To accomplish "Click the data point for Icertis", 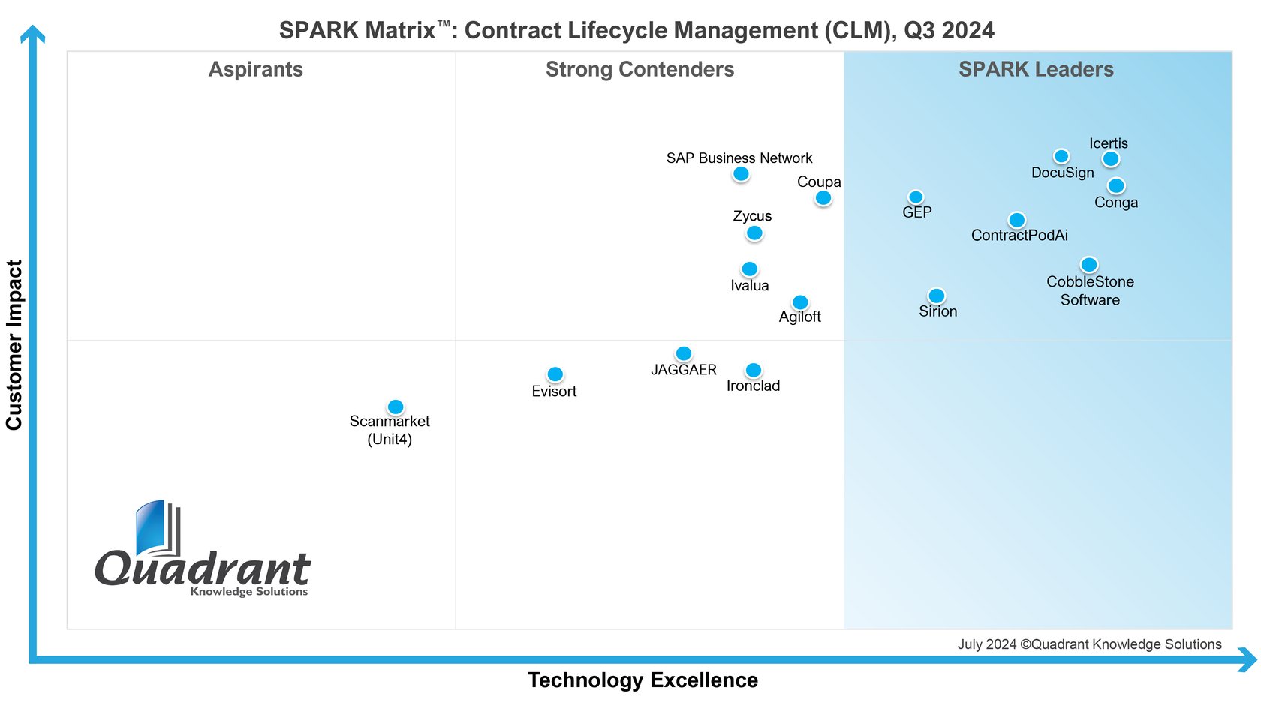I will [1111, 158].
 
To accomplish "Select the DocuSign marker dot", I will [1061, 156].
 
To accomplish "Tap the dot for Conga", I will [1116, 185].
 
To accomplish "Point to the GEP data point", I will [916, 197].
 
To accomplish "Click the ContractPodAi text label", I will [1019, 236].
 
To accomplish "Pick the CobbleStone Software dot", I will [1089, 265].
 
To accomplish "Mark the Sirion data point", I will [937, 296].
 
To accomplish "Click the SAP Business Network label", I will [739, 158].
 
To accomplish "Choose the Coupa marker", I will [823, 198].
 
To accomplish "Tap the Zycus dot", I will [754, 233].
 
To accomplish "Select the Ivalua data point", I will [750, 269].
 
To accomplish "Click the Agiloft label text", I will [799, 317].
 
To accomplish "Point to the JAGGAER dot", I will [684, 353].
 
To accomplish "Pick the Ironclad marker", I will [754, 370].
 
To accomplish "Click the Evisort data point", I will [555, 374].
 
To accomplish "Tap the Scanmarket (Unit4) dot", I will [396, 407].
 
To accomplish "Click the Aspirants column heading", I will [256, 69].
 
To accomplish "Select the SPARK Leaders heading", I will [1036, 69].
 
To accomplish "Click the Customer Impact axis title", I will [14, 344].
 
